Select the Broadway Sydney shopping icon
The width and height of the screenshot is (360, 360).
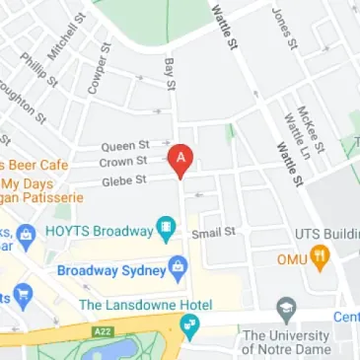pyautogui.click(x=179, y=266)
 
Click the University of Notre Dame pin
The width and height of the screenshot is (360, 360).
pyautogui.click(x=287, y=307)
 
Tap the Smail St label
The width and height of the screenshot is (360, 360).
pyautogui.click(x=215, y=233)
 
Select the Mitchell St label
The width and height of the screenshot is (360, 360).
pyautogui.click(x=61, y=40)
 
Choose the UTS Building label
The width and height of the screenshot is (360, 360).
pyautogui.click(x=326, y=234)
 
